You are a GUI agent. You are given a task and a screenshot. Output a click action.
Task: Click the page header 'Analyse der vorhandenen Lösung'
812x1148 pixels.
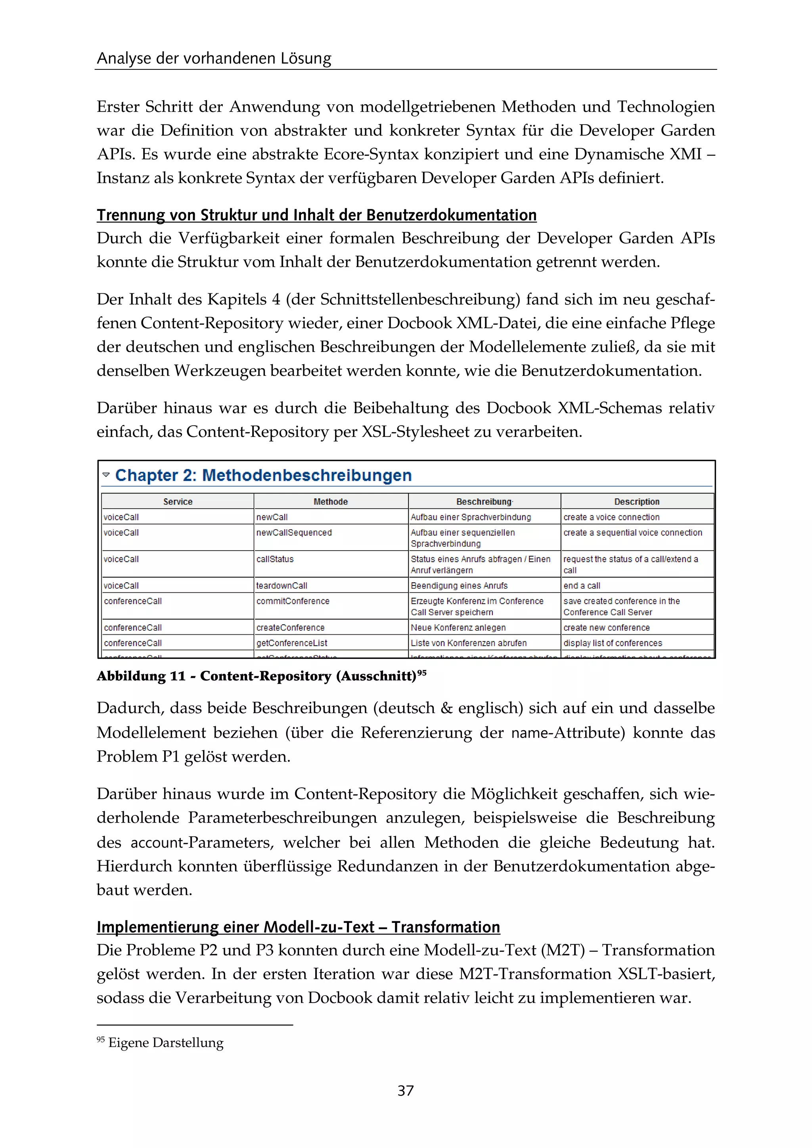click(x=214, y=59)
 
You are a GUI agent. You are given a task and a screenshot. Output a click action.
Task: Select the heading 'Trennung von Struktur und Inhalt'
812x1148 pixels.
click(x=316, y=215)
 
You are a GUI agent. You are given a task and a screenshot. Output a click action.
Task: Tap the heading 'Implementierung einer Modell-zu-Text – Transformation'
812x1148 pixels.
click(x=298, y=927)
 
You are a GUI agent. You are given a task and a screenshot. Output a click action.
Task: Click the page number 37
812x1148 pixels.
click(x=406, y=1091)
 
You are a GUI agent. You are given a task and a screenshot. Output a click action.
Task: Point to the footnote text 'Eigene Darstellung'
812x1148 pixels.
click(x=165, y=1043)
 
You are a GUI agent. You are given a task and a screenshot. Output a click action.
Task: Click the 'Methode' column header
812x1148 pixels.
click(x=331, y=501)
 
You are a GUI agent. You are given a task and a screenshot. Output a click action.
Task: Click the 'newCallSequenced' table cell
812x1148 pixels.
click(x=294, y=532)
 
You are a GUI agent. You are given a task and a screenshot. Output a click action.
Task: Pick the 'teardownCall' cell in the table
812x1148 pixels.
click(x=282, y=585)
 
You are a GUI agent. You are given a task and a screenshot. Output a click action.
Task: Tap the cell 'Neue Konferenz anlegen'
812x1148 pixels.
click(x=458, y=628)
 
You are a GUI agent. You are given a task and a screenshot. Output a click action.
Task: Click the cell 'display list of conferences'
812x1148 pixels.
click(x=613, y=643)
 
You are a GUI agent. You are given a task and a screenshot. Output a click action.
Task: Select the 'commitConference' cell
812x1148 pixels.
click(x=293, y=601)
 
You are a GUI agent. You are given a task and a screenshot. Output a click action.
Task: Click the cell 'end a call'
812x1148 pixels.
click(x=582, y=585)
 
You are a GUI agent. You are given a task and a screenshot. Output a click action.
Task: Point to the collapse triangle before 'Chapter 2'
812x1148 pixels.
click(x=106, y=475)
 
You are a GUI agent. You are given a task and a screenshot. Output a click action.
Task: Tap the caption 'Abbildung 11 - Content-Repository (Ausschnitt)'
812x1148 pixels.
click(x=257, y=677)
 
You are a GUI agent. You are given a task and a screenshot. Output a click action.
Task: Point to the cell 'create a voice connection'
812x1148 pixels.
click(x=611, y=517)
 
